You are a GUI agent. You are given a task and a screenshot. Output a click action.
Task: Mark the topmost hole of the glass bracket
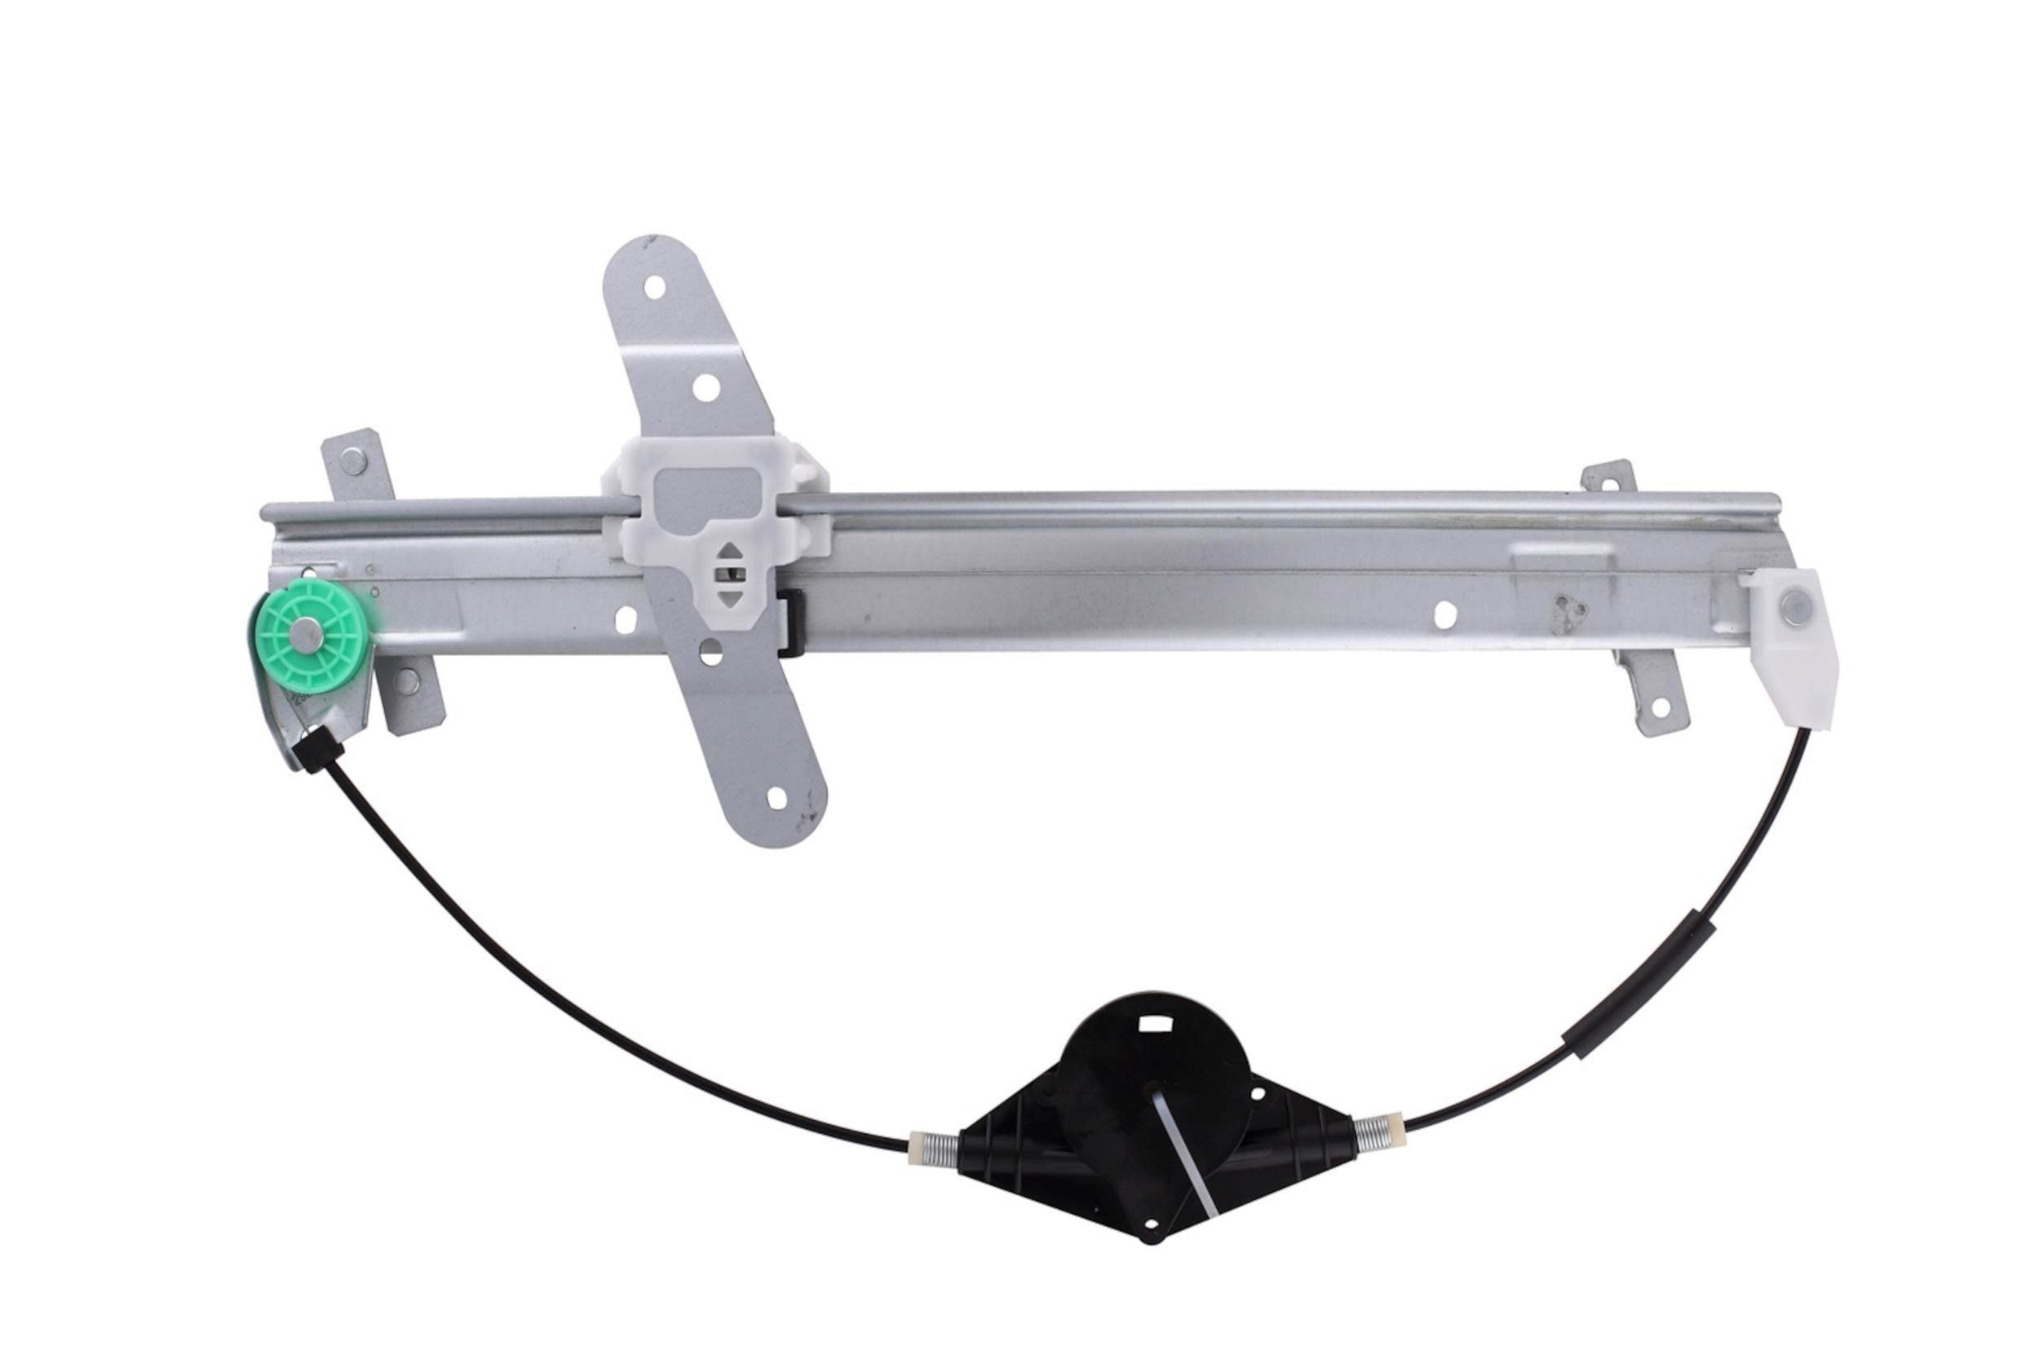656,286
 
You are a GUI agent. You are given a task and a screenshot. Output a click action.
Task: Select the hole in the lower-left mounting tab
405,682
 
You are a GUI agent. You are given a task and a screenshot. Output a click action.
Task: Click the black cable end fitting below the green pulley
317,747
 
